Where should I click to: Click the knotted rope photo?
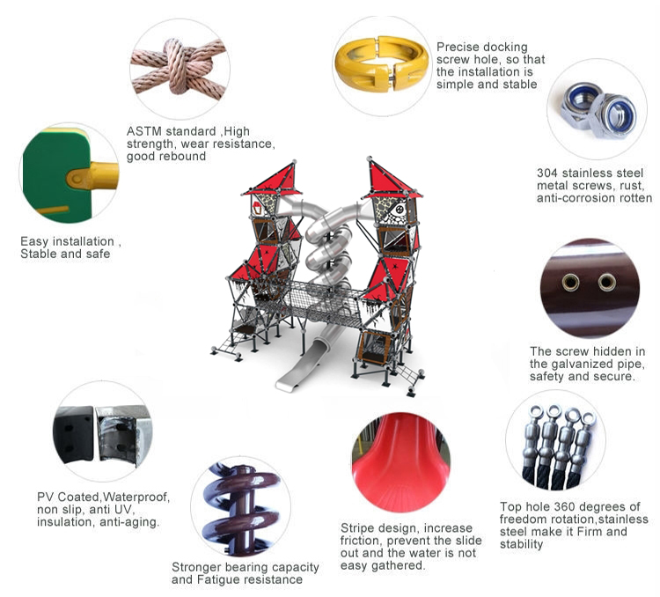180,69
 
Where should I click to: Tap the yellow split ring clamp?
381,63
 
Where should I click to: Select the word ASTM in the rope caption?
143,131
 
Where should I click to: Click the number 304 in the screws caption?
547,173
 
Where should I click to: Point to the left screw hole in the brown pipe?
570,282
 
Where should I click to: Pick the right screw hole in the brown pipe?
607,282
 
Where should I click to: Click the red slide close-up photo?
400,462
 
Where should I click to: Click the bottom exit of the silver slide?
290,380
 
